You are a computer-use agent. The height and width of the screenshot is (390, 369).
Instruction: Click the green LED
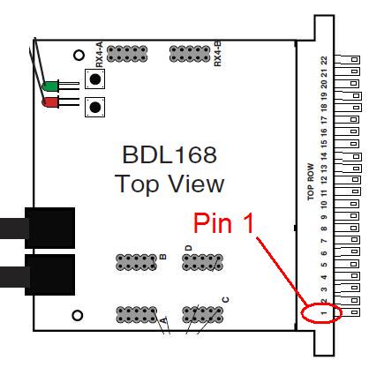point(50,86)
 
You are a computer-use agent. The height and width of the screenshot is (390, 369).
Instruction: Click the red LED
point(50,102)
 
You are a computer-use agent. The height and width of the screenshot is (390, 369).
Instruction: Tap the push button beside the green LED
point(94,79)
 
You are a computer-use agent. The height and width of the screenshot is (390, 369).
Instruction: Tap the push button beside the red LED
point(94,107)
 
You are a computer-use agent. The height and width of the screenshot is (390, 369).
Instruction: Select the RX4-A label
point(100,54)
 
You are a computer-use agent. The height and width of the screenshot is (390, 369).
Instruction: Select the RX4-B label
point(217,54)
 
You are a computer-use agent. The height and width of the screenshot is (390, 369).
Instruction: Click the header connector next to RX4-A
point(127,54)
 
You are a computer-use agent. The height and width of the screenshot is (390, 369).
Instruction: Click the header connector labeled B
point(136,262)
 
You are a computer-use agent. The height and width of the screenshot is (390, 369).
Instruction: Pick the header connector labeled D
point(202,262)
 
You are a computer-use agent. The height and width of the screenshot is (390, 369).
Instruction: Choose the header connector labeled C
point(202,314)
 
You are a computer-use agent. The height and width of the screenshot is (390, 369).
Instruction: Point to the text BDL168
point(169,154)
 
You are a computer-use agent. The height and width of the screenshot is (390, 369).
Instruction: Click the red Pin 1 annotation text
point(223,223)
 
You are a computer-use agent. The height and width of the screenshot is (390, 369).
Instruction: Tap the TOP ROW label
point(311,182)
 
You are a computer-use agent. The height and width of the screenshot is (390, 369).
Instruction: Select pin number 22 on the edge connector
point(324,60)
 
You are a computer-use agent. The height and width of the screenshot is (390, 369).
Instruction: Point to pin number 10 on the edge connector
point(324,204)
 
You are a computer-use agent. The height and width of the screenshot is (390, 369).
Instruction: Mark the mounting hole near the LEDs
point(79,55)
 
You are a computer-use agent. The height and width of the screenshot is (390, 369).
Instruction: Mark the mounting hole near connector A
point(78,316)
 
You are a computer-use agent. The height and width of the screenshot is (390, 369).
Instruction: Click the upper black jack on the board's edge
point(49,228)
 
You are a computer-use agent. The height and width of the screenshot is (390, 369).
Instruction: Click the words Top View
point(169,184)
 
